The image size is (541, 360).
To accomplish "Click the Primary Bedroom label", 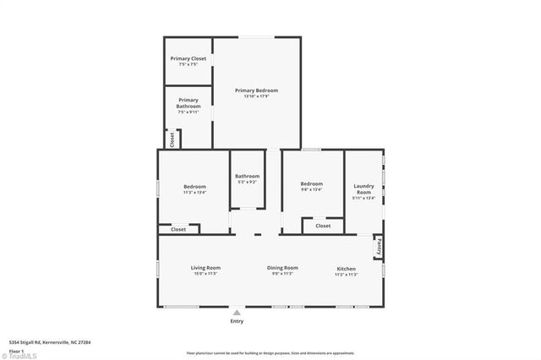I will (x=256, y=90).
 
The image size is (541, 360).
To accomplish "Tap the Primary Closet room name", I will (x=188, y=58).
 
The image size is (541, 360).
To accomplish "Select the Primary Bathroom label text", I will (x=189, y=102).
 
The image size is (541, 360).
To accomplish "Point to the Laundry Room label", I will (x=363, y=188).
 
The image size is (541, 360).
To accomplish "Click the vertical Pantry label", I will (x=379, y=247).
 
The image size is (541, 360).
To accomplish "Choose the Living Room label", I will (x=205, y=268).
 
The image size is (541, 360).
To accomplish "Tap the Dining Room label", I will (x=282, y=268).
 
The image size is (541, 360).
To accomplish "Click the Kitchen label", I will (x=345, y=268).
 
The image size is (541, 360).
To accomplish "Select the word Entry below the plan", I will (x=237, y=321).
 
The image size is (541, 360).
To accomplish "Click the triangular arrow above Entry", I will (x=237, y=312).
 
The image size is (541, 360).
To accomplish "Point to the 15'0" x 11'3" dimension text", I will (x=205, y=274).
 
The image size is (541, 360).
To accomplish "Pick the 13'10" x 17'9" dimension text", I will (x=256, y=96).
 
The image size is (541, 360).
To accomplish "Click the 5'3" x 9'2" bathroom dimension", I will (x=248, y=182).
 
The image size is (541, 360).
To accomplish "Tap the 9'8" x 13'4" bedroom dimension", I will (x=311, y=190).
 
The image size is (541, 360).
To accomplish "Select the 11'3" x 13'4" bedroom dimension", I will (x=194, y=192).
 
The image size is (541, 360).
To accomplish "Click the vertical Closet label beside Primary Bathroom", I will (x=172, y=139).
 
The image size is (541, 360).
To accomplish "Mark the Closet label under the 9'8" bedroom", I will (x=323, y=226).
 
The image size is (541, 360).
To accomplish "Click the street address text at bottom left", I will (x=50, y=342).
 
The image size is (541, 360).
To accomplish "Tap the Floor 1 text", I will (x=17, y=348).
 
